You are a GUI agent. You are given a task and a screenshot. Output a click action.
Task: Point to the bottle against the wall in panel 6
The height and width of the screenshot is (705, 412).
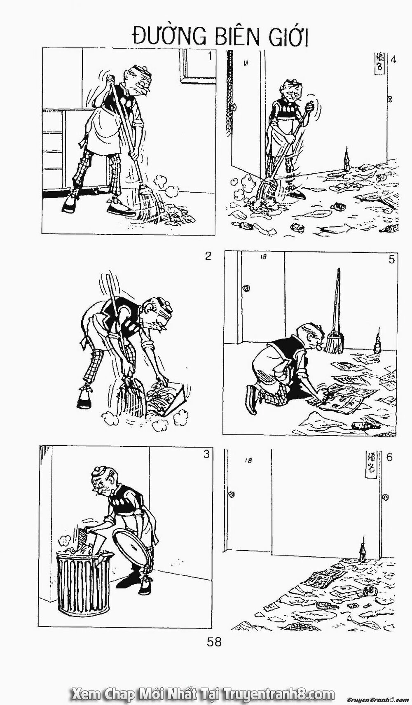[x=363, y=550]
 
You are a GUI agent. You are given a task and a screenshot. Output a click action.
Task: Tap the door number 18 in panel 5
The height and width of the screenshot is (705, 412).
[x=264, y=257]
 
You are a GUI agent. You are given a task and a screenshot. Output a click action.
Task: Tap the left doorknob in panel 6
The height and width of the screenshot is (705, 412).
[x=231, y=494]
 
